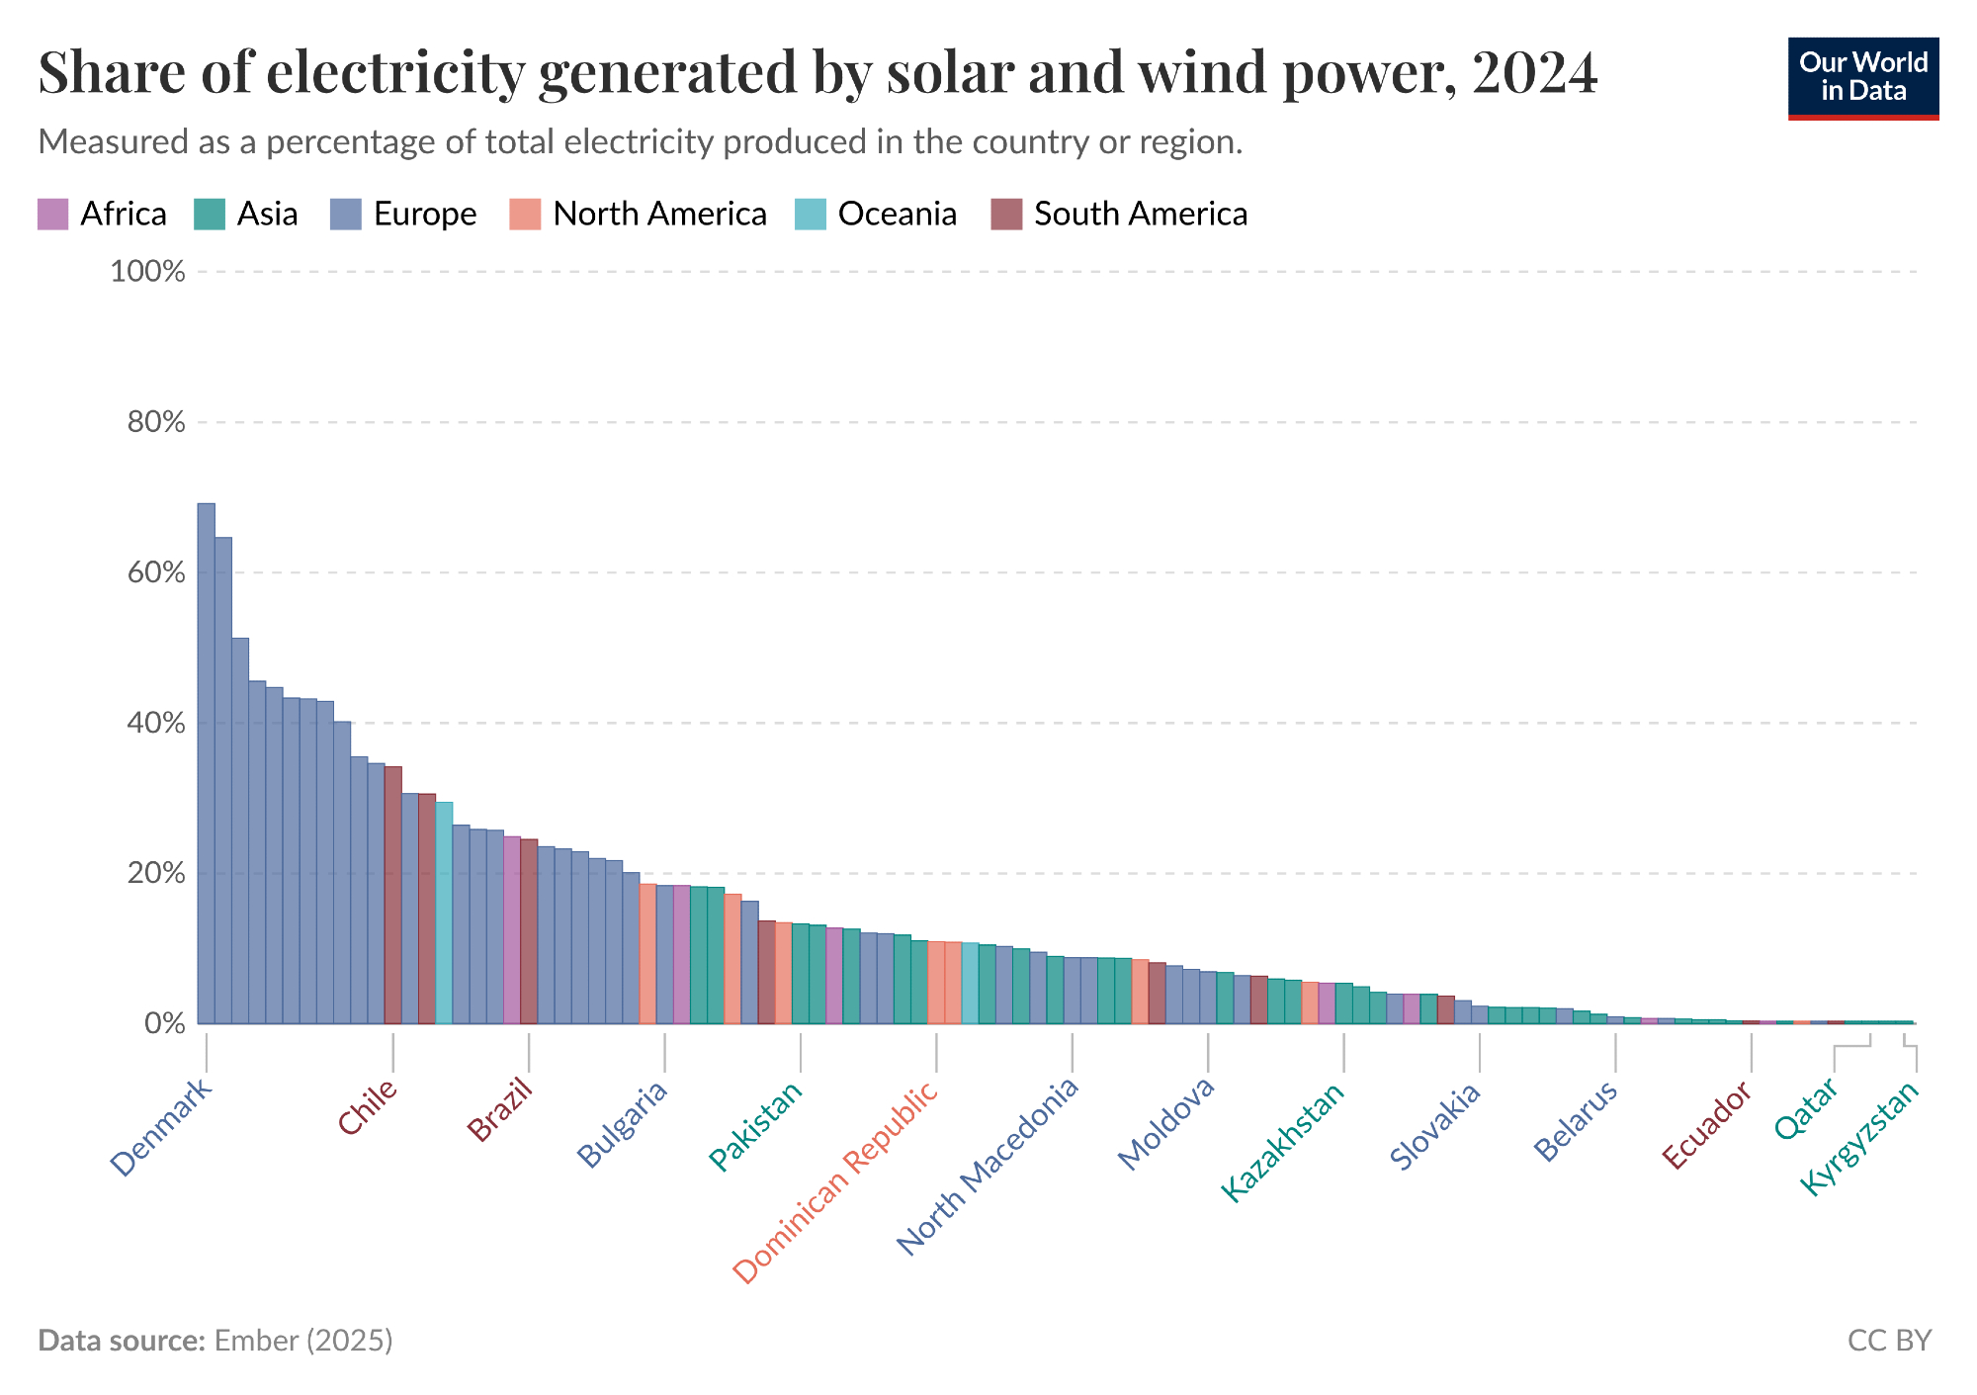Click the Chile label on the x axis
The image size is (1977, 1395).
(x=368, y=1107)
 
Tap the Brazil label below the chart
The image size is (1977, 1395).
(x=500, y=1110)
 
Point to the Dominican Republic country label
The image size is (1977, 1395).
(x=835, y=1182)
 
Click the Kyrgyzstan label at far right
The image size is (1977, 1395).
(x=1859, y=1138)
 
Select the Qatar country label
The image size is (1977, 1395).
(x=1806, y=1108)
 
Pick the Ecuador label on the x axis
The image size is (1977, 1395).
(x=1707, y=1124)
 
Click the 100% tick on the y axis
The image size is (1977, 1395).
(x=148, y=272)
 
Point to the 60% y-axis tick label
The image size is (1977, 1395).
(x=156, y=572)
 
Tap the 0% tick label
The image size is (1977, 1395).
(x=165, y=1023)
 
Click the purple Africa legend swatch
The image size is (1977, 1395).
(x=52, y=215)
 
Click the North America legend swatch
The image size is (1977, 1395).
(x=525, y=215)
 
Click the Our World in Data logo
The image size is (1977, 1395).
(x=1863, y=78)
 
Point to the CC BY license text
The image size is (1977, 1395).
(x=1889, y=1341)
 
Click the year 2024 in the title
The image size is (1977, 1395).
(x=1534, y=72)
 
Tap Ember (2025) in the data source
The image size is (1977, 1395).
(x=303, y=1341)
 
